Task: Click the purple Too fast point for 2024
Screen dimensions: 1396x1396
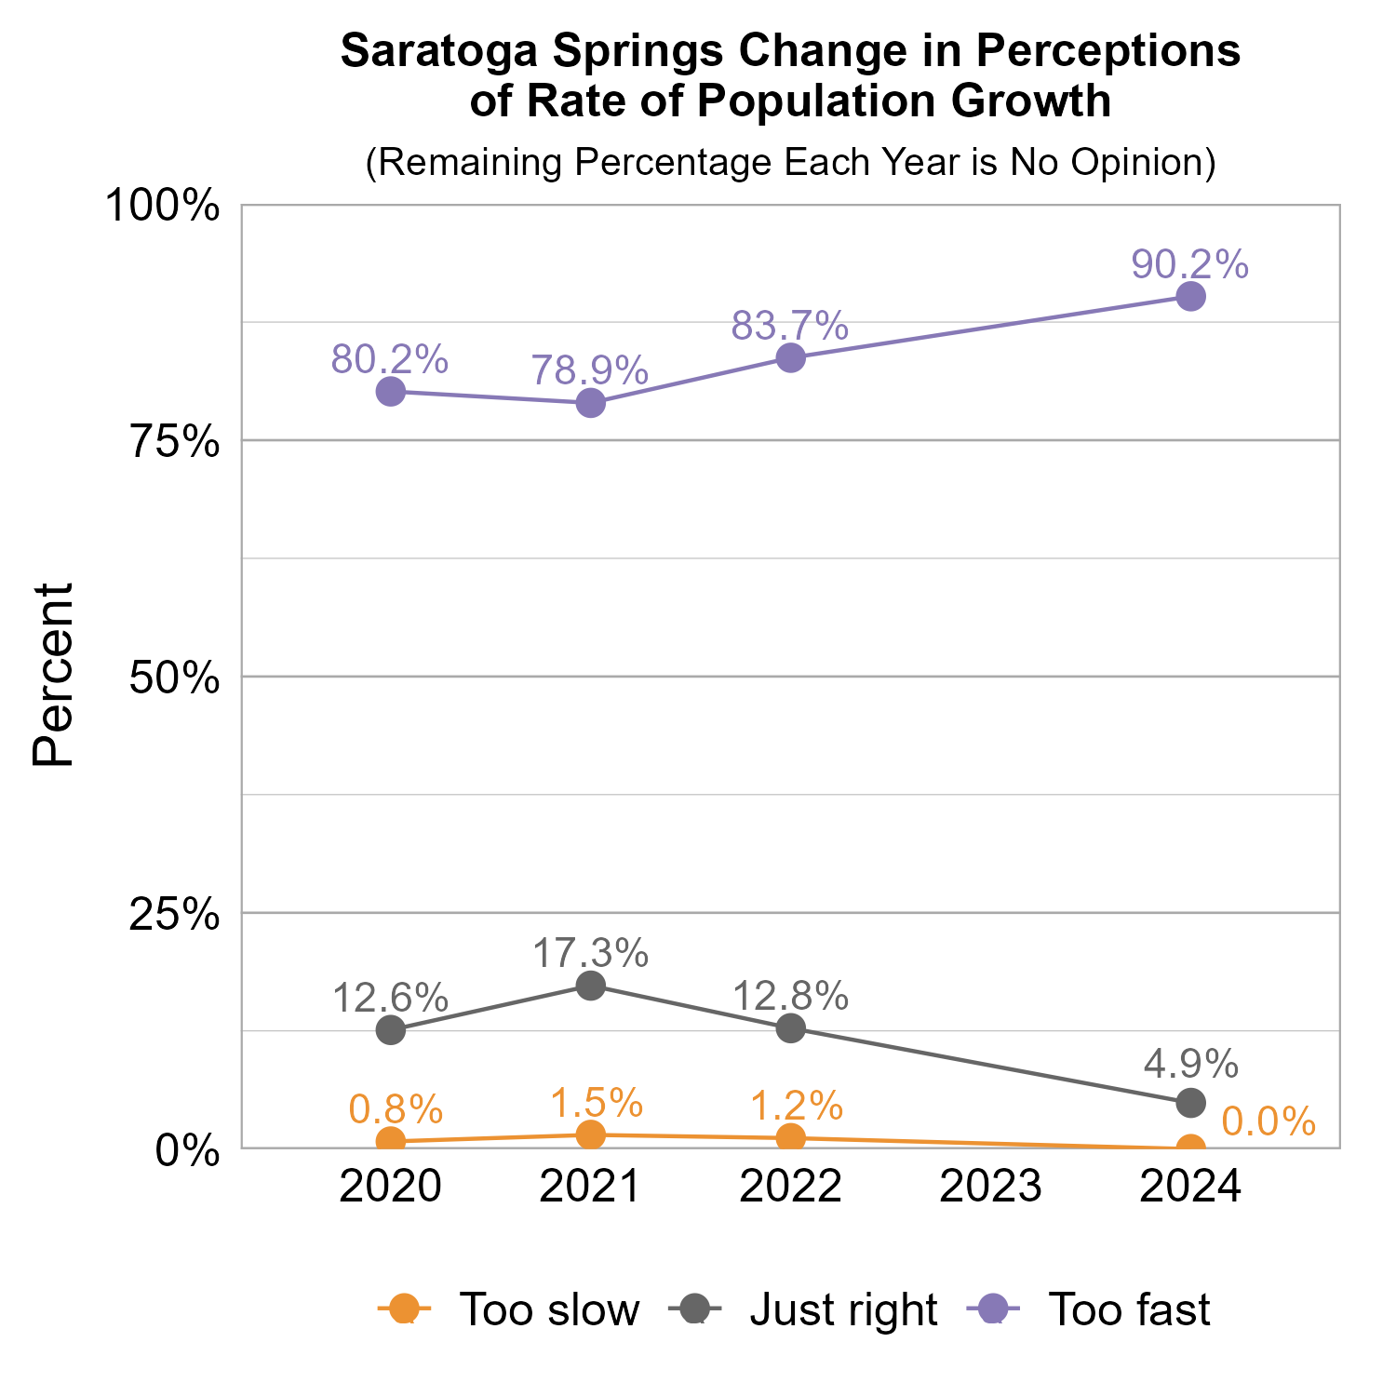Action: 1190,297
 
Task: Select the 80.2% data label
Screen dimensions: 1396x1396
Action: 390,359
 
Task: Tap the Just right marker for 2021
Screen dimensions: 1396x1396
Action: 591,986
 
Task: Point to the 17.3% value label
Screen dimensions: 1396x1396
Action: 591,953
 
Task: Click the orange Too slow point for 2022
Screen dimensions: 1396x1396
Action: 791,1137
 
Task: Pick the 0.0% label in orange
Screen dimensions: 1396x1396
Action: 1268,1122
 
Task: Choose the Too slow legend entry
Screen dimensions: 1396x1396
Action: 509,1309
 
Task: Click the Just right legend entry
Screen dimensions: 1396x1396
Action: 803,1309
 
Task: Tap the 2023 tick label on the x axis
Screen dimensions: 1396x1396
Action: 990,1188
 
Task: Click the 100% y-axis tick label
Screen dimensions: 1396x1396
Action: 164,206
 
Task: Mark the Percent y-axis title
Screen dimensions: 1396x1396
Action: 53,675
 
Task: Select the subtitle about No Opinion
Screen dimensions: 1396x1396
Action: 790,162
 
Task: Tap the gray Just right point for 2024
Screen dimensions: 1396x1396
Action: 1190,1103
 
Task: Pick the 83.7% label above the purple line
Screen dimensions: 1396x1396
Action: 790,326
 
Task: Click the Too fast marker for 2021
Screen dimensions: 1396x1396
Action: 591,403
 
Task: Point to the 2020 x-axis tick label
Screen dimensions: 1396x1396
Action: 390,1188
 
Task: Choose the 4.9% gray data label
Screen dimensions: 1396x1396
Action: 1190,1063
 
